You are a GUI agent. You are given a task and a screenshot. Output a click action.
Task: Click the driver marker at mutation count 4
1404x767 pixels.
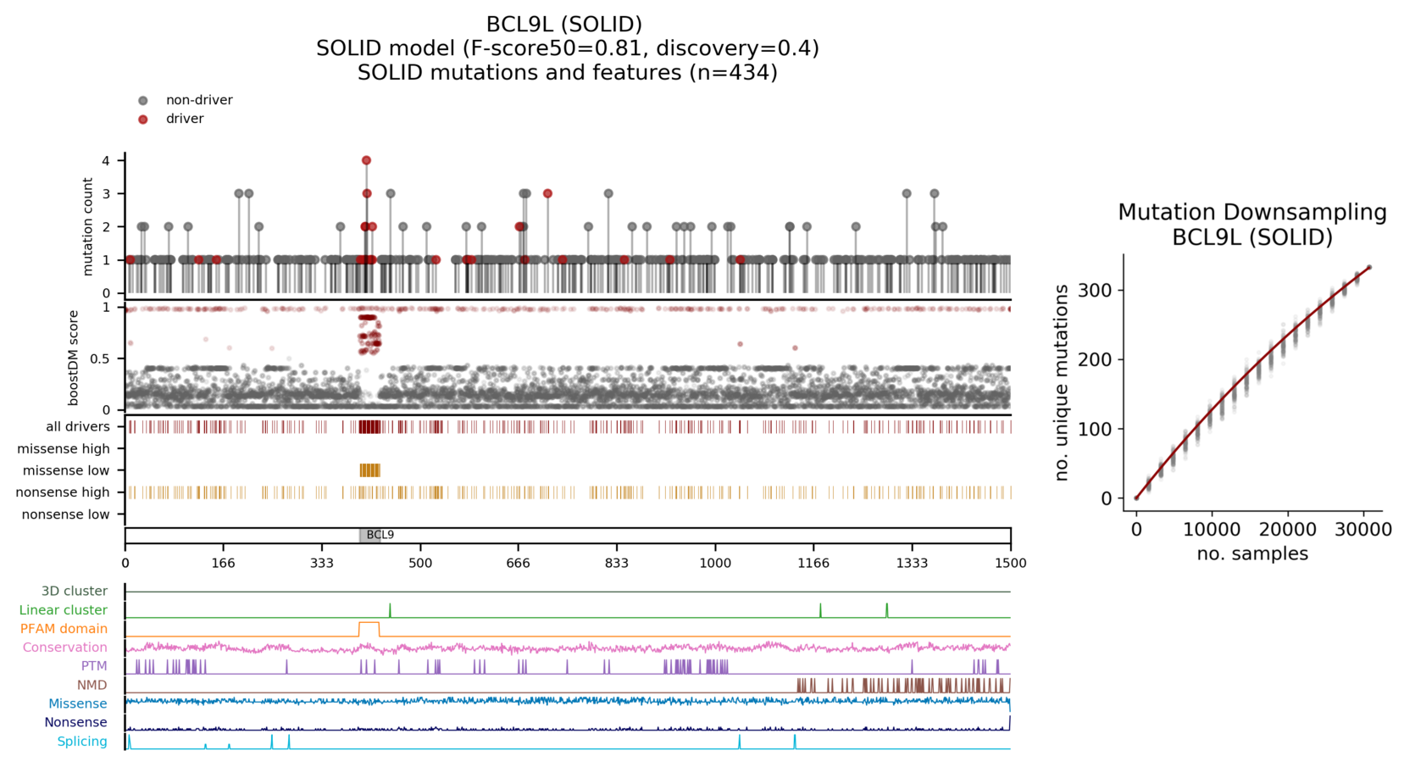(x=366, y=160)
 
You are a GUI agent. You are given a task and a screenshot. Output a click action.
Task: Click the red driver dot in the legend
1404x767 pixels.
(x=143, y=119)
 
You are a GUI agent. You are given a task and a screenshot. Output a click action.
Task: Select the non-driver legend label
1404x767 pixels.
(x=199, y=100)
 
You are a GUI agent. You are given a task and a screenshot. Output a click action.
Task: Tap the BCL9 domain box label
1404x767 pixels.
(x=380, y=535)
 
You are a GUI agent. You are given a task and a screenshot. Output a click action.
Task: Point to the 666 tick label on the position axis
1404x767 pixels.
(x=518, y=563)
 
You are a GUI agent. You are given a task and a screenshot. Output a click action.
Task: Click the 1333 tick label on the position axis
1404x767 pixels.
(x=912, y=563)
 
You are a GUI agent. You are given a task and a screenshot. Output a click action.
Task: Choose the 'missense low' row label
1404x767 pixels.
(x=66, y=470)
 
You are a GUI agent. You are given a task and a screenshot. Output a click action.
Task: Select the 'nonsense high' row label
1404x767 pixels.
(x=63, y=492)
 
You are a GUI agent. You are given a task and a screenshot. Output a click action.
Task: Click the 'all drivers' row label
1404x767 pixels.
(x=78, y=426)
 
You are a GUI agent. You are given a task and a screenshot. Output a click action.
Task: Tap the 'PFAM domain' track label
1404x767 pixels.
(x=64, y=629)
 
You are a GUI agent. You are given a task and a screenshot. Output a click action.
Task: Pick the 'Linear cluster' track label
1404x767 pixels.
(x=64, y=610)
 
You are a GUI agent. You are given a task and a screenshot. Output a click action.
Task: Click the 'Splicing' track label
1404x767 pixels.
(x=82, y=742)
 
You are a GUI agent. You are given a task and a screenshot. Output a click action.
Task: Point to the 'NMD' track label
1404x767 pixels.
(x=92, y=685)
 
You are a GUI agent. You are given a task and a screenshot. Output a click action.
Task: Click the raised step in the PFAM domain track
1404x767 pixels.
(x=369, y=623)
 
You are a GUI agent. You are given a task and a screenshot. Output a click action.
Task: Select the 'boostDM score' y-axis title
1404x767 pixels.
(x=74, y=357)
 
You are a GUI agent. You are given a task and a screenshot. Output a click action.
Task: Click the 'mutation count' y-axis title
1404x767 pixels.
(x=88, y=226)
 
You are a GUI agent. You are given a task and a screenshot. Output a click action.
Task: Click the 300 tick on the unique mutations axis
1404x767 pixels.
(x=1095, y=291)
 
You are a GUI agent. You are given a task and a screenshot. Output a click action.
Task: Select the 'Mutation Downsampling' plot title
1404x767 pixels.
(x=1251, y=213)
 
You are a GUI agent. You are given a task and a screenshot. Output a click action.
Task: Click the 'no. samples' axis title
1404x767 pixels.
(x=1251, y=553)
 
